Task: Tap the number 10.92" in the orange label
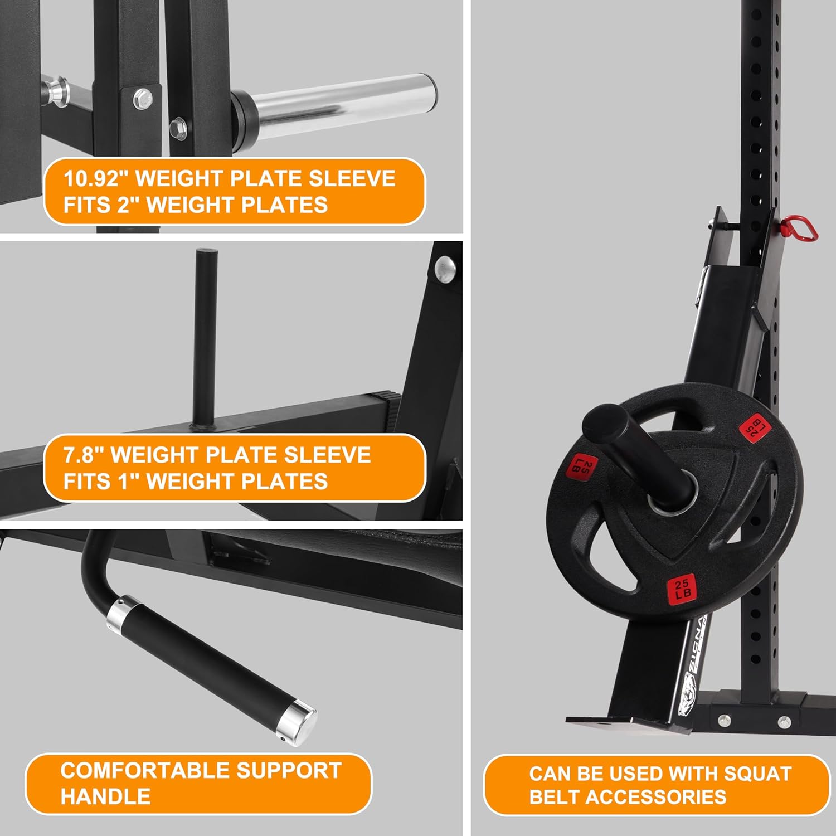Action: click(93, 179)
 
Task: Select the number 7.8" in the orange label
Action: click(83, 455)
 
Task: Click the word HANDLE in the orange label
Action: click(105, 796)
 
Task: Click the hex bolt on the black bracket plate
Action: click(143, 99)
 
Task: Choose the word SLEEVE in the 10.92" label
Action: click(352, 179)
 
